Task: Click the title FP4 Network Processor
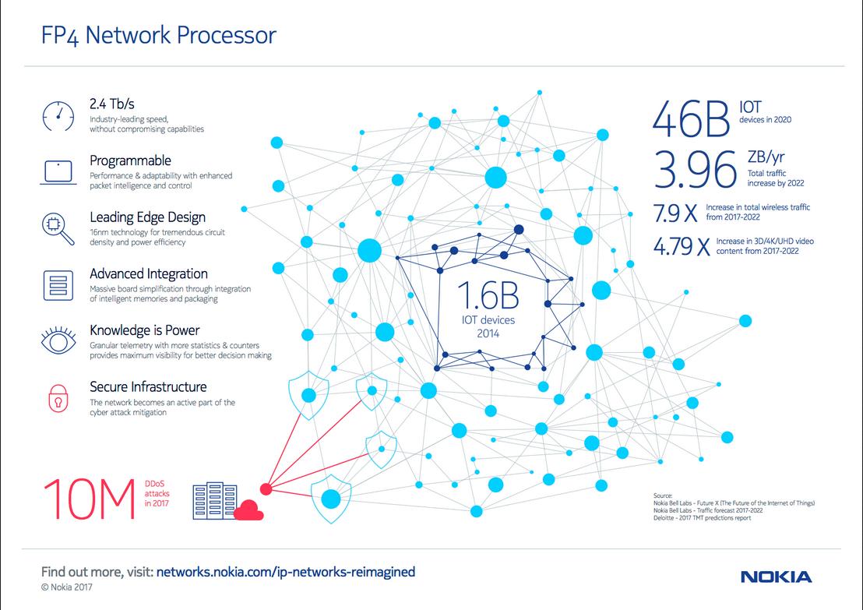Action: coord(159,35)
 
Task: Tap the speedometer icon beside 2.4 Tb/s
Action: coord(58,116)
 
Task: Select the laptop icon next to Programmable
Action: coord(58,172)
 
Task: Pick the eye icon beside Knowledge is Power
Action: coord(58,340)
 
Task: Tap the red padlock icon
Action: coord(58,398)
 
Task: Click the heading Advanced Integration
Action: coord(149,273)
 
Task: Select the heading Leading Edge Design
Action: coord(147,217)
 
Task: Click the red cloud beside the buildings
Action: coord(248,510)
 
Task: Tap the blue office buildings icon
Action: coord(215,500)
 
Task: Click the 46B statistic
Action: coord(692,119)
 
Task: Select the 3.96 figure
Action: coord(695,169)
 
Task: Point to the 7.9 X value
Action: coord(675,213)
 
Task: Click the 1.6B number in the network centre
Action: coord(488,295)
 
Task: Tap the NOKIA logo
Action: coord(776,577)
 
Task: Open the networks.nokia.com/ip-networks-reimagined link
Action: coord(286,572)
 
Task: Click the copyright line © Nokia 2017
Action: coord(67,587)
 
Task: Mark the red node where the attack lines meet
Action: coord(266,489)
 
